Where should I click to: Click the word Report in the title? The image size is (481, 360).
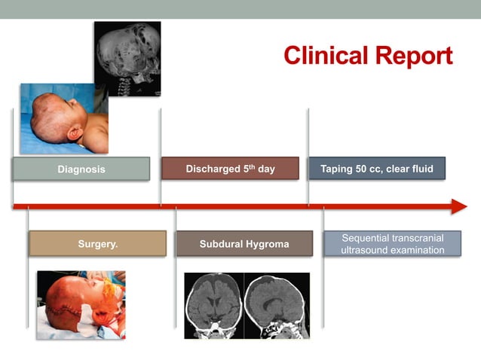pos(414,55)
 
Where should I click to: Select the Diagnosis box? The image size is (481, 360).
pos(81,169)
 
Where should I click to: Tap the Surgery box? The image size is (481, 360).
pos(97,244)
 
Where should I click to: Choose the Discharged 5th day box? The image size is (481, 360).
pos(230,169)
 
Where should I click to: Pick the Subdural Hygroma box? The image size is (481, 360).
pos(244,244)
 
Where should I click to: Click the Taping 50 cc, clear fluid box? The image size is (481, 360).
pos(376,169)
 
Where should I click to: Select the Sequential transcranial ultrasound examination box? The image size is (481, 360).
pos(392,244)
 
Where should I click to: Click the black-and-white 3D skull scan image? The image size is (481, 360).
pos(127,58)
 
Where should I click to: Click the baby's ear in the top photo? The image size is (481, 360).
pos(75,134)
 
